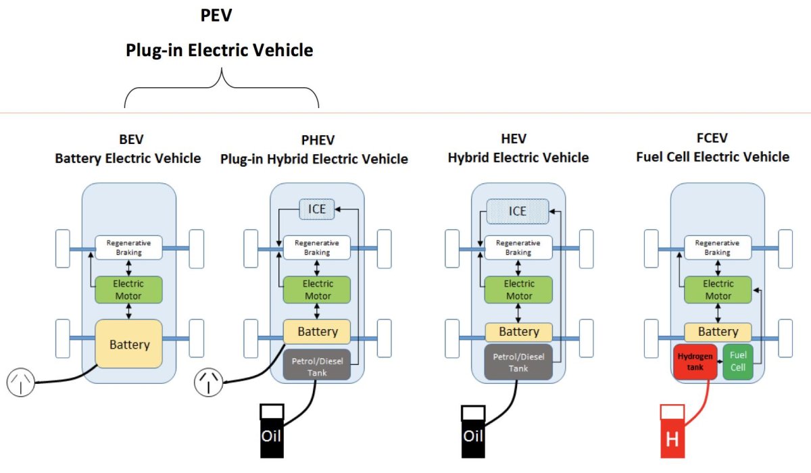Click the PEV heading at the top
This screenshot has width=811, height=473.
216,15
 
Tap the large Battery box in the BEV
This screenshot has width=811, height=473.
128,344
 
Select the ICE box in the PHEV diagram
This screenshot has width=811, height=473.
317,209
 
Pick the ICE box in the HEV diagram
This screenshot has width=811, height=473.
518,211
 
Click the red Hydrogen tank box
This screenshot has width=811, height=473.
695,362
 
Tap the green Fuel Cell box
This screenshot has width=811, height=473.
737,362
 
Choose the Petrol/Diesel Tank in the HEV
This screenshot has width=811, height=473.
518,362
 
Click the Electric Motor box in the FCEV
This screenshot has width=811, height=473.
718,289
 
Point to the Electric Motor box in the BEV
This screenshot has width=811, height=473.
128,289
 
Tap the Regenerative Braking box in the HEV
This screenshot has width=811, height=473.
518,247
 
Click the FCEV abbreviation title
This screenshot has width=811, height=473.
712,139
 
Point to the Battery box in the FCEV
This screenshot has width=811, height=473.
718,332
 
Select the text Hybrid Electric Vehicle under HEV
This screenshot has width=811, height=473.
518,157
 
